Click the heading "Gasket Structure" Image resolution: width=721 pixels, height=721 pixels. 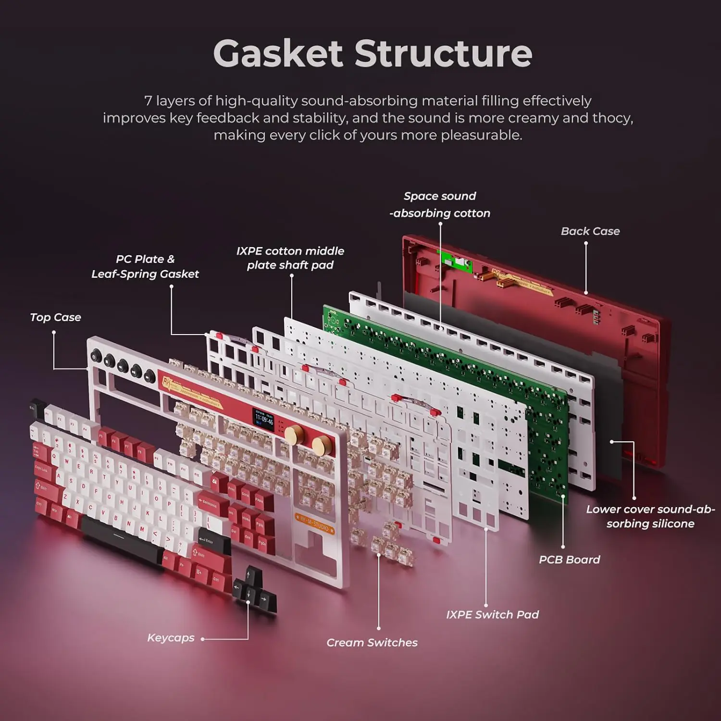click(x=373, y=53)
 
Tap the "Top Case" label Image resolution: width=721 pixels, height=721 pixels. click(x=55, y=317)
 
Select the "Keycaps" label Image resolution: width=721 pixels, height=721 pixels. click(x=171, y=638)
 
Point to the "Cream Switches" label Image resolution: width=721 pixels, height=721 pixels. click(x=372, y=643)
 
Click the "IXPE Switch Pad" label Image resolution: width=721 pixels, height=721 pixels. click(x=492, y=615)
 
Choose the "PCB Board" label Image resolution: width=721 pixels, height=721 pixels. click(x=569, y=559)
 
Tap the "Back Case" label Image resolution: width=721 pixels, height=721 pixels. click(x=590, y=231)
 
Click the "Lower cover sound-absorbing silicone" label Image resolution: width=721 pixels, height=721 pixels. click(x=650, y=516)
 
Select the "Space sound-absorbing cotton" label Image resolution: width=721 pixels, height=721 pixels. click(x=440, y=204)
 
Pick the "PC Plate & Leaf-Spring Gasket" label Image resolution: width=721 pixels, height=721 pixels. click(x=145, y=266)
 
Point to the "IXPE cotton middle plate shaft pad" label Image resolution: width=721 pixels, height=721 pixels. click(x=290, y=258)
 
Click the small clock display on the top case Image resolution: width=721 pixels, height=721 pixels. click(x=264, y=420)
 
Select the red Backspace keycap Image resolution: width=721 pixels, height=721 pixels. click(x=208, y=503)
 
